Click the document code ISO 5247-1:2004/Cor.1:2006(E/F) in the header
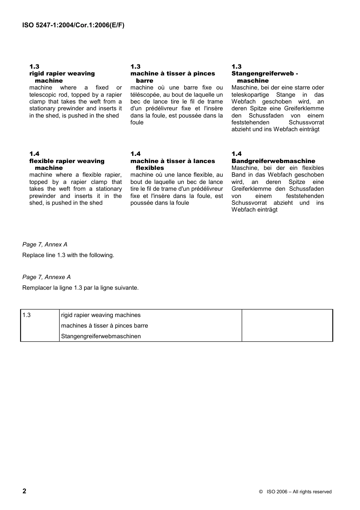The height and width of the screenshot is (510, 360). click(73, 25)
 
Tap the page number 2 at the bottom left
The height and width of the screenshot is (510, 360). click(25, 491)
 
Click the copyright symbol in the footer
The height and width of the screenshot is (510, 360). click(261, 492)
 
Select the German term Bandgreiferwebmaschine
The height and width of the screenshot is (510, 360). click(273, 161)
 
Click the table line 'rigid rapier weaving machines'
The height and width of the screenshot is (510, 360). click(101, 315)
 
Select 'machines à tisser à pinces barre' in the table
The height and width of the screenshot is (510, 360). click(105, 326)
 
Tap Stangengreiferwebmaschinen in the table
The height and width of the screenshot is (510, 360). click(101, 336)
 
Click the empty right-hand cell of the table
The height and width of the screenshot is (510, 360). click(287, 325)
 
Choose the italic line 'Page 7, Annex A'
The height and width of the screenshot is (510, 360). click(45, 245)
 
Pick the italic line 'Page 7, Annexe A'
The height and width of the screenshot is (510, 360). click(46, 277)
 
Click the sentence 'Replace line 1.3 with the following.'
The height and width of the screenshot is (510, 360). click(68, 255)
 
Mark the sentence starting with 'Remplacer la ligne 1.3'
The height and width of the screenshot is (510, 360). click(80, 288)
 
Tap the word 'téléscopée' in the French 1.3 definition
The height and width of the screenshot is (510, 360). click(145, 95)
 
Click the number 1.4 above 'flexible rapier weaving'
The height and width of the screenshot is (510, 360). click(34, 154)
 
